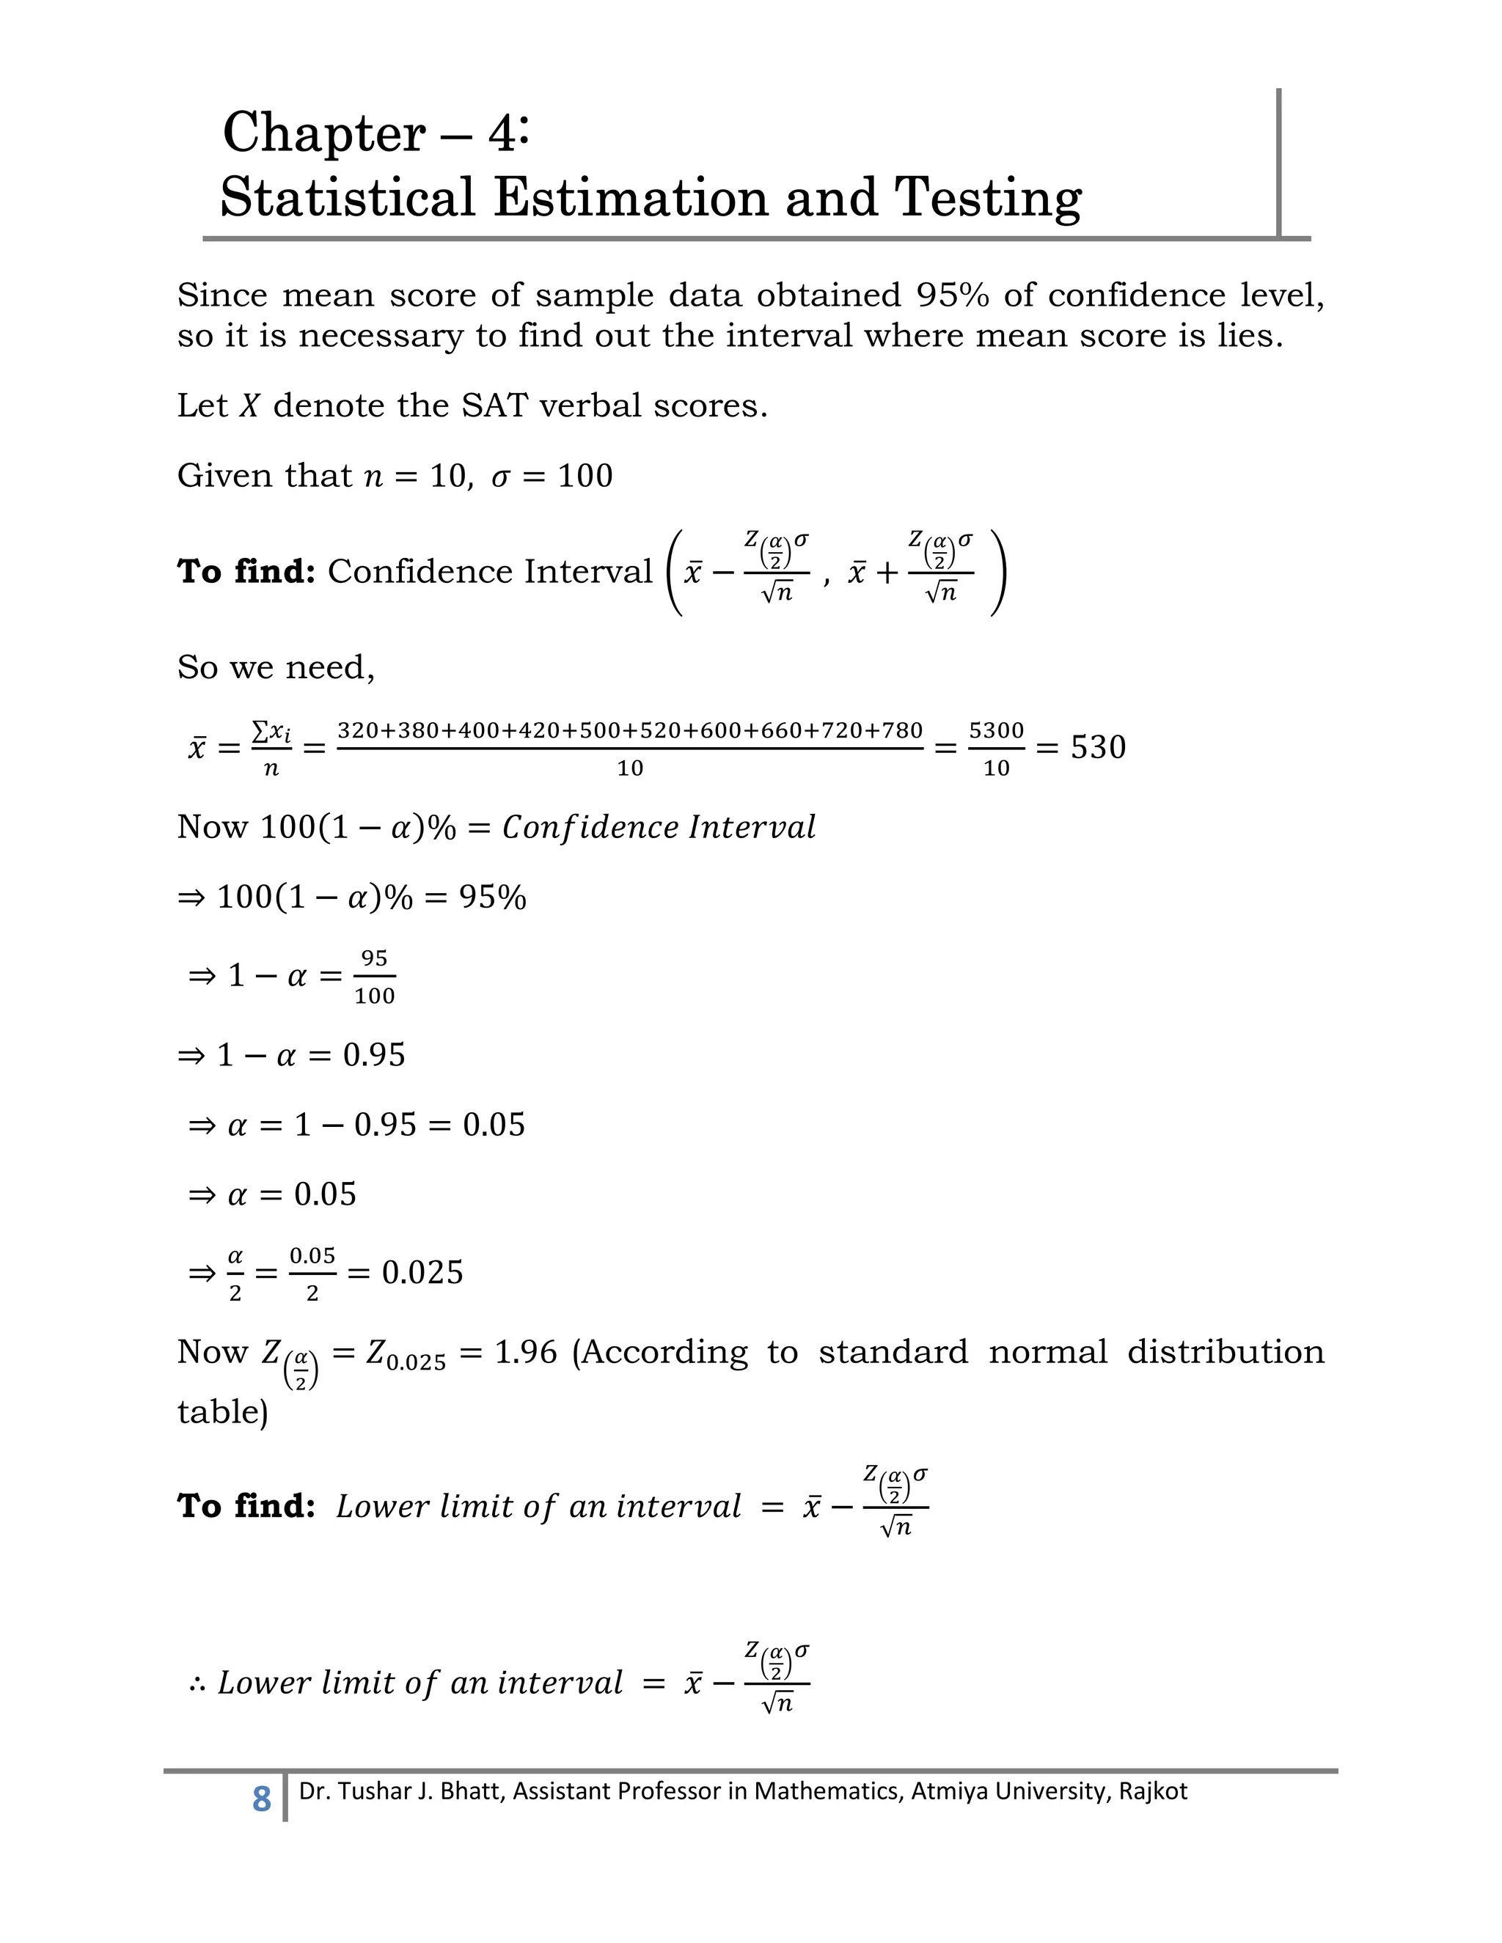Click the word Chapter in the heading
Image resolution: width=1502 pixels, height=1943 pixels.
pyautogui.click(x=324, y=133)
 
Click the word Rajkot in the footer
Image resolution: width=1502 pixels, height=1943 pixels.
pyautogui.click(x=1152, y=1791)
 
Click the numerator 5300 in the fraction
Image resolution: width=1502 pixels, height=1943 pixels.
pyautogui.click(x=996, y=730)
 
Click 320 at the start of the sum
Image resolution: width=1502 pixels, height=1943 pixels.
pyautogui.click(x=358, y=730)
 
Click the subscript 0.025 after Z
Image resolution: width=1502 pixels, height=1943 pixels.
pyautogui.click(x=416, y=1363)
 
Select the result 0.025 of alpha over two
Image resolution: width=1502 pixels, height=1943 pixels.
pyautogui.click(x=422, y=1272)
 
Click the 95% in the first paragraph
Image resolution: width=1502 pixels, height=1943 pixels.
pyautogui.click(x=952, y=295)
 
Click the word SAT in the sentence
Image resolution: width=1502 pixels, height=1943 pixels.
pyautogui.click(x=494, y=405)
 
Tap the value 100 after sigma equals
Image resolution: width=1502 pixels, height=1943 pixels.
pyautogui.click(x=585, y=476)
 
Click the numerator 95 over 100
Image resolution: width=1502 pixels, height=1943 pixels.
pyautogui.click(x=374, y=958)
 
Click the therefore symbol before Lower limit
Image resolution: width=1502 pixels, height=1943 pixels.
pyautogui.click(x=197, y=1683)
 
